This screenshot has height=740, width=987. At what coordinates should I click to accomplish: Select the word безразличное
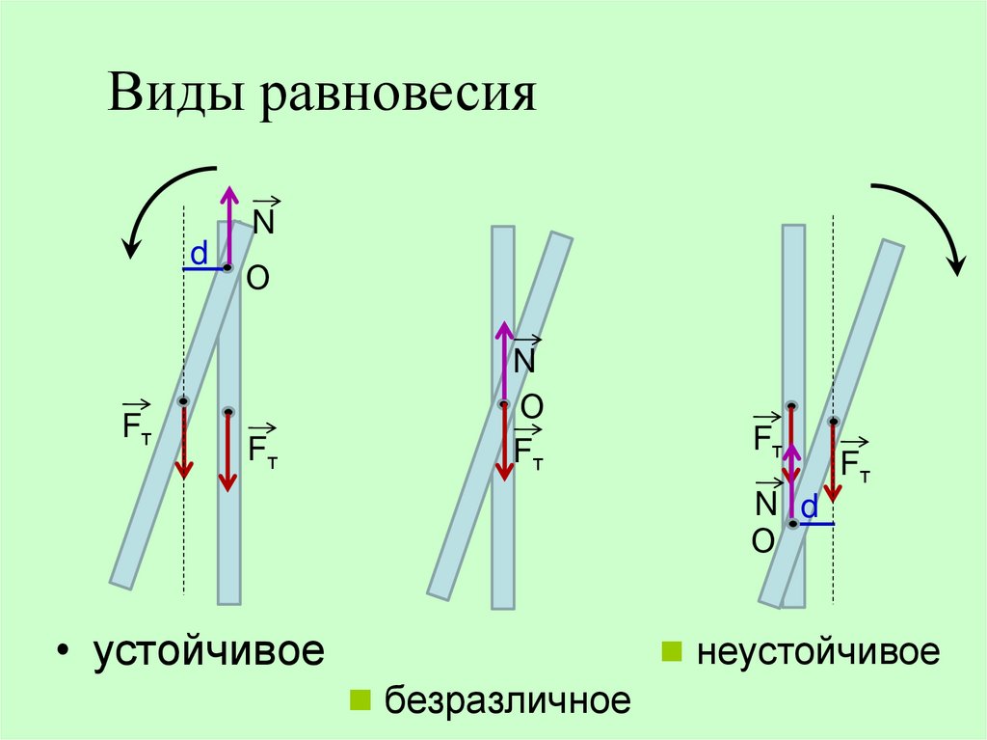(x=508, y=699)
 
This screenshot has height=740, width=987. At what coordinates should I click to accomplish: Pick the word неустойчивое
(x=818, y=651)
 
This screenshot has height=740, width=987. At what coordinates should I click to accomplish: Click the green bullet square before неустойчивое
(x=670, y=652)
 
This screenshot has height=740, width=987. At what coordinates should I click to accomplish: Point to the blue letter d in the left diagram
(x=199, y=254)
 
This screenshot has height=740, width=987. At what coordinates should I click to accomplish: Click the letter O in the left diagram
(x=257, y=280)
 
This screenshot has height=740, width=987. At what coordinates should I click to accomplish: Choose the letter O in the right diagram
(x=763, y=544)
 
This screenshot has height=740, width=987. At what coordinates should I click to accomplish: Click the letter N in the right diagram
(x=766, y=504)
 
